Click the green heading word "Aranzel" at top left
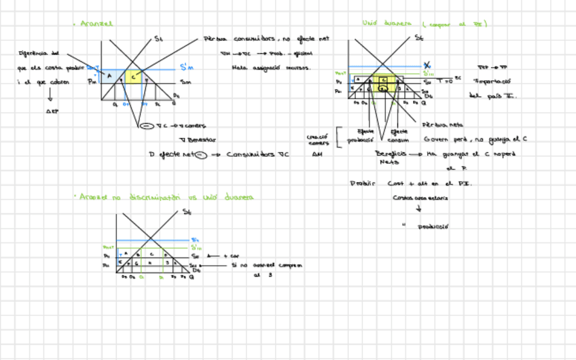[96, 24]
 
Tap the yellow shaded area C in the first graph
[134, 77]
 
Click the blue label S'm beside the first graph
[187, 67]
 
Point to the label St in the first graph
[158, 39]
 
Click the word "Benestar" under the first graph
[202, 139]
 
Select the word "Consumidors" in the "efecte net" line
[249, 155]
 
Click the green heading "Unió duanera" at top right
[386, 24]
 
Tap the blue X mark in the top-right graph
[427, 65]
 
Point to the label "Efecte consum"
[399, 136]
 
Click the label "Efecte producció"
[361, 136]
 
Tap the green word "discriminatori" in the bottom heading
[154, 198]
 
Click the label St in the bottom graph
[187, 213]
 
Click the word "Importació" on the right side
[495, 81]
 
